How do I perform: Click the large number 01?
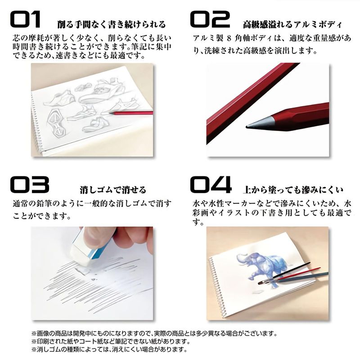pyautogui.click(x=25, y=19)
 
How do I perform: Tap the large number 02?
pyautogui.click(x=210, y=19)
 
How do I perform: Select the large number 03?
pyautogui.click(x=30, y=184)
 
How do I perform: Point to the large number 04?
pyautogui.click(x=211, y=184)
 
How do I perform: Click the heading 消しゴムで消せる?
pyautogui.click(x=113, y=189)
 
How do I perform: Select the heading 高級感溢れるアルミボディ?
pyautogui.click(x=292, y=24)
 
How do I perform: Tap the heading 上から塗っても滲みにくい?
pyautogui.click(x=293, y=190)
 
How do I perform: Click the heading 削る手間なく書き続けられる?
pyautogui.click(x=111, y=24)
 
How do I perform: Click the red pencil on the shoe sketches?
pyautogui.click(x=131, y=113)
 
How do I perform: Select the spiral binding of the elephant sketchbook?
pyautogui.click(x=217, y=287)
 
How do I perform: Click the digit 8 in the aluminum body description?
pyautogui.click(x=229, y=38)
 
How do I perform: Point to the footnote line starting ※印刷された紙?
pyautogui.click(x=111, y=342)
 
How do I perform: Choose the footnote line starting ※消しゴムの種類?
pyautogui.click(x=109, y=350)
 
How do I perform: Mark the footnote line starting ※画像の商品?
pyautogui.click(x=154, y=333)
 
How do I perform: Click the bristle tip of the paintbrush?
pyautogui.click(x=261, y=283)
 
